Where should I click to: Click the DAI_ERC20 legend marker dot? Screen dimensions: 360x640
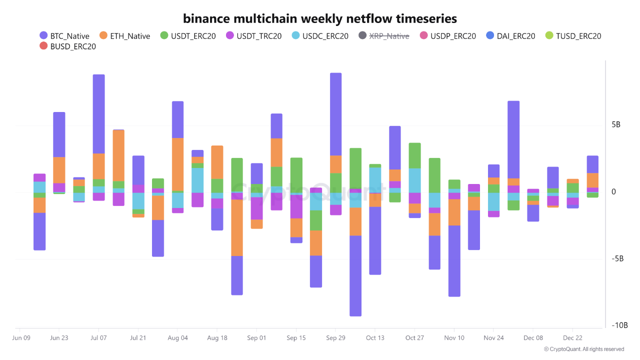point(490,36)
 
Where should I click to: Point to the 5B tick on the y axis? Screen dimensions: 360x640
point(616,124)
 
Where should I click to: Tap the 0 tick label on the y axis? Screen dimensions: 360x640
point(613,192)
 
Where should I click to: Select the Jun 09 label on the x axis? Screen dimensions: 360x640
point(21,338)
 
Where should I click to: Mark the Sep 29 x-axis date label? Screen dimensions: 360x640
point(335,338)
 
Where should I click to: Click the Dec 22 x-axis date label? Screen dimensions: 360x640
point(572,338)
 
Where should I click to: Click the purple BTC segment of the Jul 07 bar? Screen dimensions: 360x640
point(98,113)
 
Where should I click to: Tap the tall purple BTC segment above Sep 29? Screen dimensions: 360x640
point(335,114)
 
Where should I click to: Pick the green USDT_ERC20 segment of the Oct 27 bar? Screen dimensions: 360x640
point(414,155)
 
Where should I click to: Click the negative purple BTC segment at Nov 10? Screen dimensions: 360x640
point(454,260)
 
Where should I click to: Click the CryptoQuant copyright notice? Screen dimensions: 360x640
point(583,349)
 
